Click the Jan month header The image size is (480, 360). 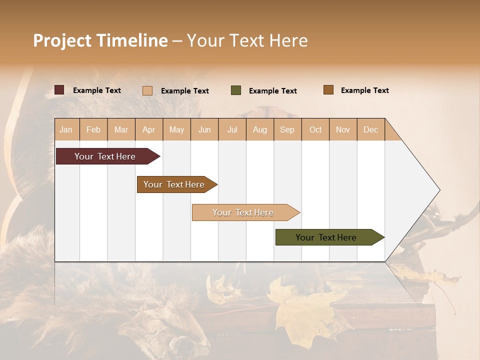point(66,129)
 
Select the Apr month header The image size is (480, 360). point(149,129)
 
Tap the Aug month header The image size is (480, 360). point(260,129)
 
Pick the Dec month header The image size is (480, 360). point(370,129)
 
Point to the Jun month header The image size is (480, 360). point(204,129)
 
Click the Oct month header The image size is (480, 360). point(315,129)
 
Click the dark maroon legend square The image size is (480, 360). point(59,90)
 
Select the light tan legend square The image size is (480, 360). point(147,90)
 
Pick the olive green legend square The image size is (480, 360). point(236,90)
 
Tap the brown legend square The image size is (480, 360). point(328,90)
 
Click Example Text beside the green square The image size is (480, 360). point(272,91)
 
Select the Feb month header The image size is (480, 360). point(93,129)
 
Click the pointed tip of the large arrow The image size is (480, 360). point(438,190)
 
